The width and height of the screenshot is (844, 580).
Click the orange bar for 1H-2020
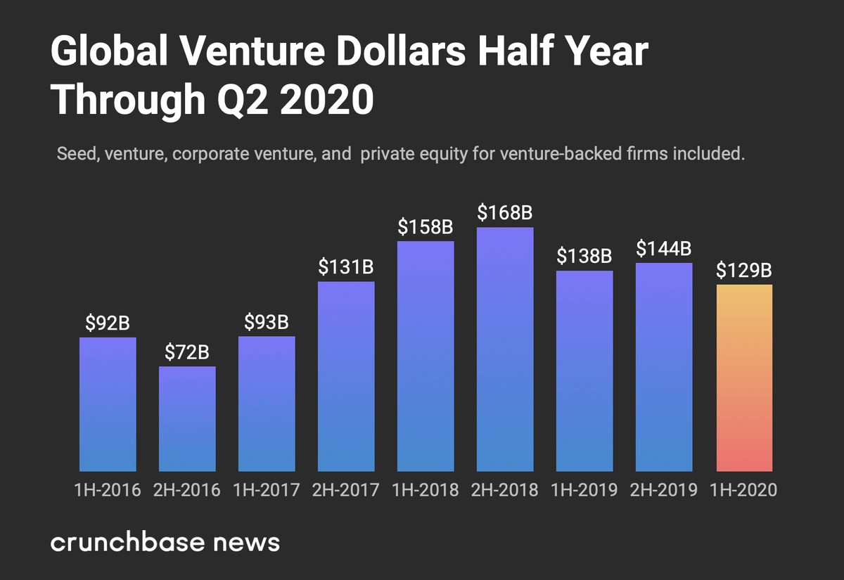click(x=744, y=378)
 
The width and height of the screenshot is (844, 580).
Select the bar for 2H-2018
click(x=505, y=349)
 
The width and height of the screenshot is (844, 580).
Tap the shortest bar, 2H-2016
click(x=187, y=418)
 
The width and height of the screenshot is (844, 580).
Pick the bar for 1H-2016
click(x=108, y=404)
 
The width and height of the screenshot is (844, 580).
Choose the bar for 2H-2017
click(x=346, y=376)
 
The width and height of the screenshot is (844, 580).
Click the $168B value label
click(x=505, y=212)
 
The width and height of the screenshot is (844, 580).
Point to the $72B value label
click(x=187, y=352)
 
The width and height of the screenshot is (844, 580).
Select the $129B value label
click(x=744, y=270)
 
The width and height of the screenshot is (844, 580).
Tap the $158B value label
click(x=426, y=227)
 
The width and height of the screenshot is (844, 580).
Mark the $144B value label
click(x=664, y=248)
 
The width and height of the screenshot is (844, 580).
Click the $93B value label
click(x=267, y=322)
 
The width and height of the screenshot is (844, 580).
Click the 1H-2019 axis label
click(x=584, y=490)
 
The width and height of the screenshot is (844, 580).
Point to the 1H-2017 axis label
click(x=267, y=490)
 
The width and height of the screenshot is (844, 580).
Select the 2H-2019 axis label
click(x=664, y=490)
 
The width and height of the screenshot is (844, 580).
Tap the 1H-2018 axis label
click(x=426, y=490)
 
